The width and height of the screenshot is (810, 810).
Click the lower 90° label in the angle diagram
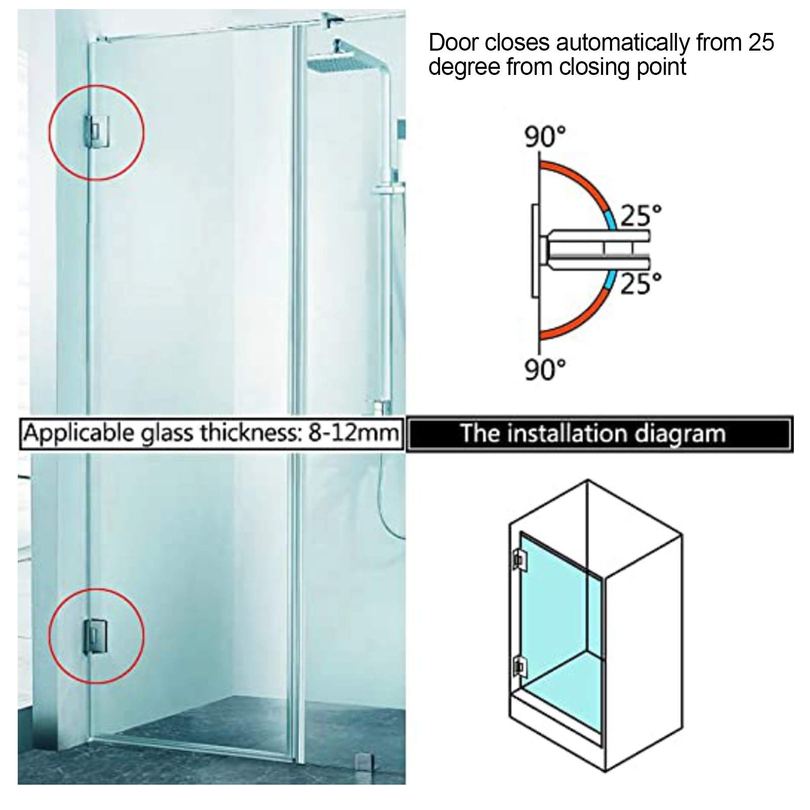[545, 370]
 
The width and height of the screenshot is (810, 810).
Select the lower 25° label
[641, 283]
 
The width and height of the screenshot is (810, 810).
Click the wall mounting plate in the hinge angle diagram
[535, 251]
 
